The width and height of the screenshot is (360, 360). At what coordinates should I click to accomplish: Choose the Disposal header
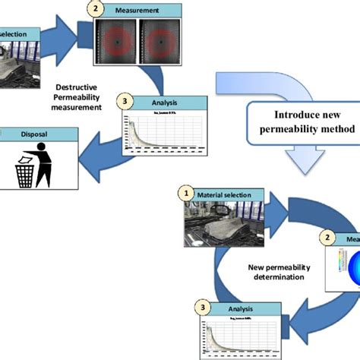pos(38,134)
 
